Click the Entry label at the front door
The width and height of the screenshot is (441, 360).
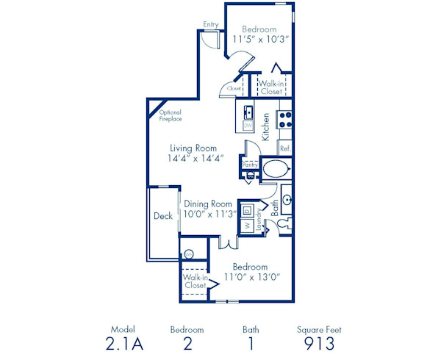(211, 24)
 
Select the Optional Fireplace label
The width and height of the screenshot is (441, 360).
(171, 115)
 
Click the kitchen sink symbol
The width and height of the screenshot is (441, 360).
(248, 112)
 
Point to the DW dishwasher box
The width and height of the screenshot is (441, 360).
(248, 126)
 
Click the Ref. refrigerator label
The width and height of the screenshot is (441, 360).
(284, 149)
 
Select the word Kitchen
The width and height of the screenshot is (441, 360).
(266, 126)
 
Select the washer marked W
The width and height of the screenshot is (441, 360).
(248, 224)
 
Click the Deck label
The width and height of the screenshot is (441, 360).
(162, 217)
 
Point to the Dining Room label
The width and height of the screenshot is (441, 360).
(208, 204)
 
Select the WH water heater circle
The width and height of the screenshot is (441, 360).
(189, 254)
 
